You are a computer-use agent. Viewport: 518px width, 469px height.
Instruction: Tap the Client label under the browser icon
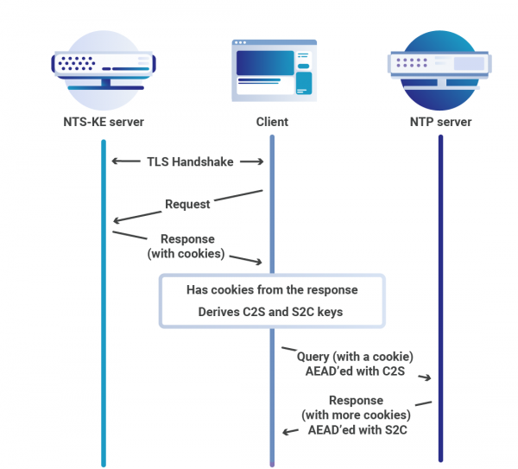click(x=272, y=122)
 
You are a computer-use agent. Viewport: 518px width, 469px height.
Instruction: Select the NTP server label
click(x=440, y=122)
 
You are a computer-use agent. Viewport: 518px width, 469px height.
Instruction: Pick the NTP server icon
click(x=440, y=65)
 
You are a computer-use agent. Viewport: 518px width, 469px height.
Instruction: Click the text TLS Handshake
click(x=189, y=162)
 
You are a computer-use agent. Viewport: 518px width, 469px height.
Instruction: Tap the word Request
click(x=187, y=205)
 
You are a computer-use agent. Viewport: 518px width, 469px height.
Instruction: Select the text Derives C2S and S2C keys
click(x=271, y=312)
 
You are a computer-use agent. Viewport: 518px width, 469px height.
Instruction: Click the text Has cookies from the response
click(x=272, y=289)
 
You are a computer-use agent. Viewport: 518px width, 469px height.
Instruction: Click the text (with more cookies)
click(x=356, y=415)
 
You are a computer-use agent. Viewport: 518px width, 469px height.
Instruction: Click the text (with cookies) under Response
click(x=186, y=253)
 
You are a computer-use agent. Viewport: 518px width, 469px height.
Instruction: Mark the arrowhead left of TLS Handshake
click(x=116, y=162)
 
